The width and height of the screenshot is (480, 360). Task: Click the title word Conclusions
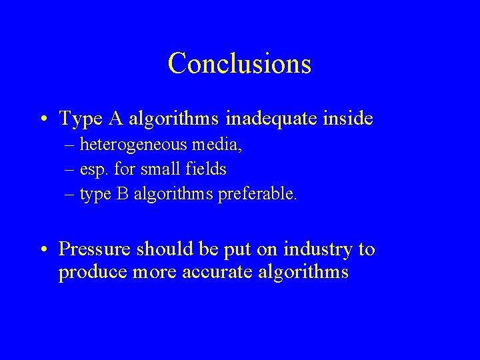[239, 63]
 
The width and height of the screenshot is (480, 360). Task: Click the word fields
[203, 170]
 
